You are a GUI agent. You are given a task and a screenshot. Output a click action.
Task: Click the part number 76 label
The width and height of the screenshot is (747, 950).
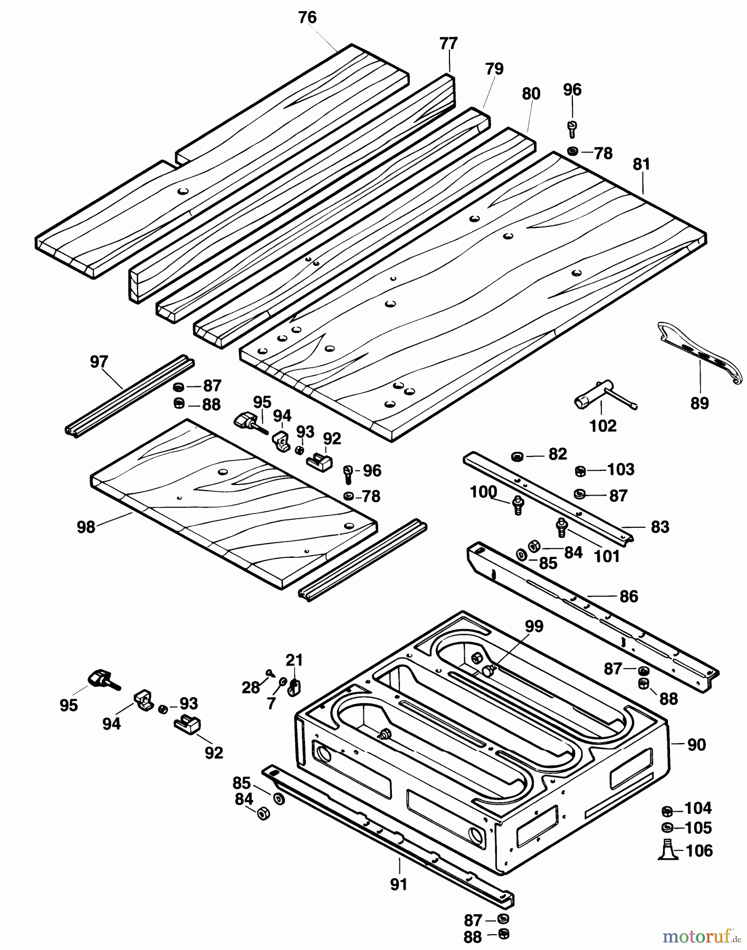click(307, 17)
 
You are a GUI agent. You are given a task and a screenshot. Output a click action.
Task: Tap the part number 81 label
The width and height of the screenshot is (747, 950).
click(641, 164)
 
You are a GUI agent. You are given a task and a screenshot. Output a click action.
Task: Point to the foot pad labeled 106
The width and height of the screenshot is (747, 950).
click(667, 850)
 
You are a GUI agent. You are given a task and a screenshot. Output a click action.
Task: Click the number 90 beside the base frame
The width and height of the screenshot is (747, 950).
click(696, 745)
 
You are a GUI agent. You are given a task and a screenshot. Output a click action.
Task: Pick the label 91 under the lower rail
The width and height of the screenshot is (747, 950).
click(399, 884)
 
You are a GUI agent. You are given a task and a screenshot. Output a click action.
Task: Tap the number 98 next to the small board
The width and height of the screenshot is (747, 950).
click(86, 527)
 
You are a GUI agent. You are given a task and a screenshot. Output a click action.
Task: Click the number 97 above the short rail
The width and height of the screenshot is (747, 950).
click(99, 362)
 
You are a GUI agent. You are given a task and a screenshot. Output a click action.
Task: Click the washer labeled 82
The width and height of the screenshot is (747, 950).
click(517, 456)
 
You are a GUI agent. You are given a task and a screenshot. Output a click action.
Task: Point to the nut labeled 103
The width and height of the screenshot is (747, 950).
click(579, 470)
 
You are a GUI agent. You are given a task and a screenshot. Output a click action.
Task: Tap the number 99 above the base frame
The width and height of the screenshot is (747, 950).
click(534, 626)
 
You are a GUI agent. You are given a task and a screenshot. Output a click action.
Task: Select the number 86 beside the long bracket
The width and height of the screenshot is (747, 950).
click(629, 596)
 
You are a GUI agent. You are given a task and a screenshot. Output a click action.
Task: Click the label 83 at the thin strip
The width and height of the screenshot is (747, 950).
click(660, 527)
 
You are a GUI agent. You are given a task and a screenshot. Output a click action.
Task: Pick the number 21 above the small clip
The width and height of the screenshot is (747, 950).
click(294, 660)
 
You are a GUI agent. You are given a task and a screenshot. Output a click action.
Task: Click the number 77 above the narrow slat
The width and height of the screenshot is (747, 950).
click(448, 43)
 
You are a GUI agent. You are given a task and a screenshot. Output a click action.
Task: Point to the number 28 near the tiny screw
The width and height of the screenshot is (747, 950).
click(251, 687)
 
